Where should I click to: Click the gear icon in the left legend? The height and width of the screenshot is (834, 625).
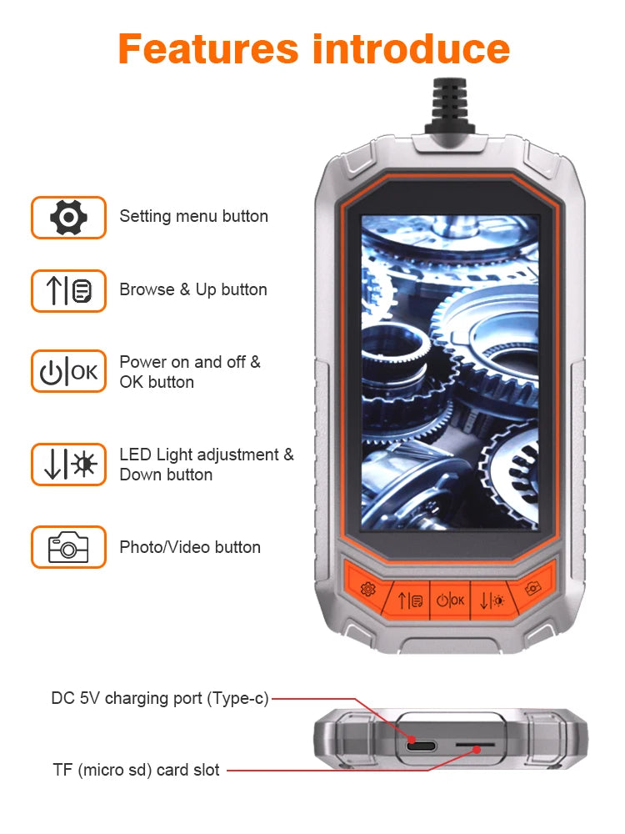[x=68, y=218]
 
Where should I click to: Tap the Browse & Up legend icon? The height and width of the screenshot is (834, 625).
[x=68, y=291]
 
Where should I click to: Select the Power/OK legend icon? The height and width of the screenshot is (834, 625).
[x=68, y=372]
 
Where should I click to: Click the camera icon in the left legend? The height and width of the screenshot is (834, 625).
[x=68, y=547]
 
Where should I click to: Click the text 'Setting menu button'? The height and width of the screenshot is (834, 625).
[x=193, y=217]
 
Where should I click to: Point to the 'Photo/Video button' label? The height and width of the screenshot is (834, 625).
[x=190, y=547]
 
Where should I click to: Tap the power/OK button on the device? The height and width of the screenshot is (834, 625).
[x=450, y=599]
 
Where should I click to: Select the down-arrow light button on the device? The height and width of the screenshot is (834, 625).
[x=492, y=599]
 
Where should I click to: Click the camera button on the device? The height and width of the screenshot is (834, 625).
[x=532, y=588]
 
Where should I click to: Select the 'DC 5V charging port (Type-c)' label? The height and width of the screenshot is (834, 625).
[x=160, y=699]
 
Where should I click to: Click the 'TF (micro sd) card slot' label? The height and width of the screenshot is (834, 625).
[x=136, y=770]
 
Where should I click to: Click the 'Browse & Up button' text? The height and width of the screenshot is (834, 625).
[x=193, y=290]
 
